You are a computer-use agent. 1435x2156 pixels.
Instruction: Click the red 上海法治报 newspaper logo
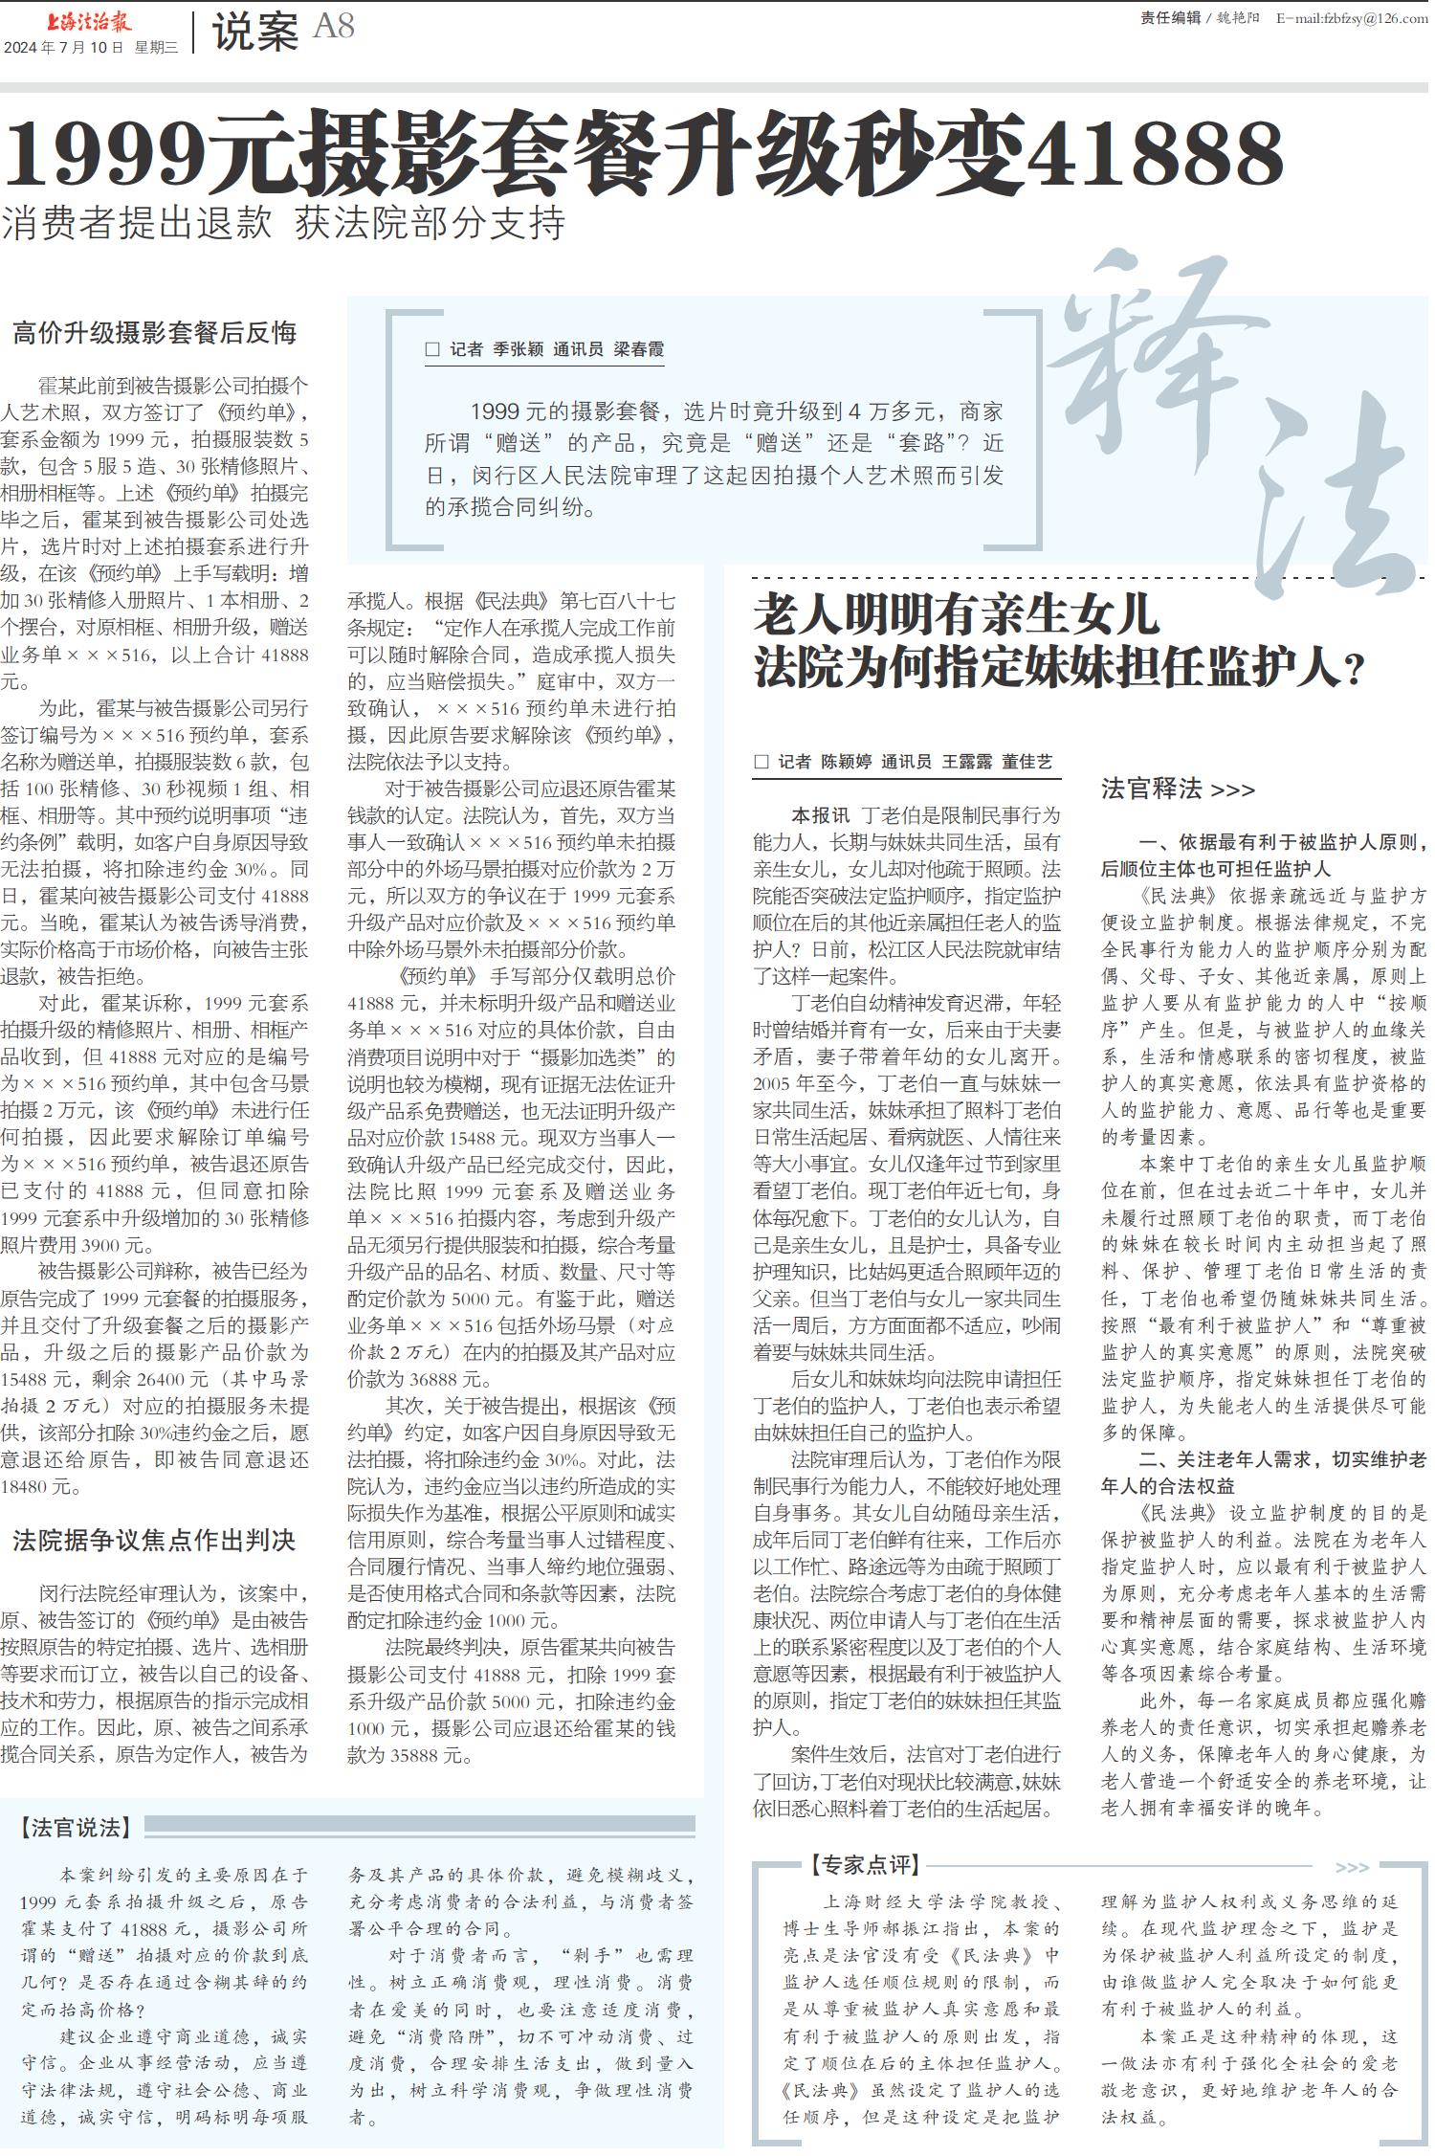89,21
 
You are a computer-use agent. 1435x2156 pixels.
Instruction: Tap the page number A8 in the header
334,27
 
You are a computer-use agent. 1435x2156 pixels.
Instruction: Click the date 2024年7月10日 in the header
64,48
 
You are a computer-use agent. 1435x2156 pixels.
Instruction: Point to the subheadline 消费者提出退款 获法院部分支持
283,223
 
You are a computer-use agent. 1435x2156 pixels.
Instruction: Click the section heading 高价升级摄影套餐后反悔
155,333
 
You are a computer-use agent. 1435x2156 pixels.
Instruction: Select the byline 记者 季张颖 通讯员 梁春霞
557,349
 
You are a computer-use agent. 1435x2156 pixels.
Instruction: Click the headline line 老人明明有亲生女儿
956,615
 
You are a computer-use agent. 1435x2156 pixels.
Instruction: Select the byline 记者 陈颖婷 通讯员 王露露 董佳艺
915,762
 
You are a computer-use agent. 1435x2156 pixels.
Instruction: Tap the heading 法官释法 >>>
1178,789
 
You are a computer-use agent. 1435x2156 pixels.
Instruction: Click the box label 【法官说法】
76,1827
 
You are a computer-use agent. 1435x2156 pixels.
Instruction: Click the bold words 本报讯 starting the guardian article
820,815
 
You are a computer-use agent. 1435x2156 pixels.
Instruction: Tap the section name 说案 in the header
255,33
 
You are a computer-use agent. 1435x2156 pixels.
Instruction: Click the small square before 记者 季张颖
432,350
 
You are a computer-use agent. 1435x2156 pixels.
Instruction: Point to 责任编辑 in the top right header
1170,17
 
